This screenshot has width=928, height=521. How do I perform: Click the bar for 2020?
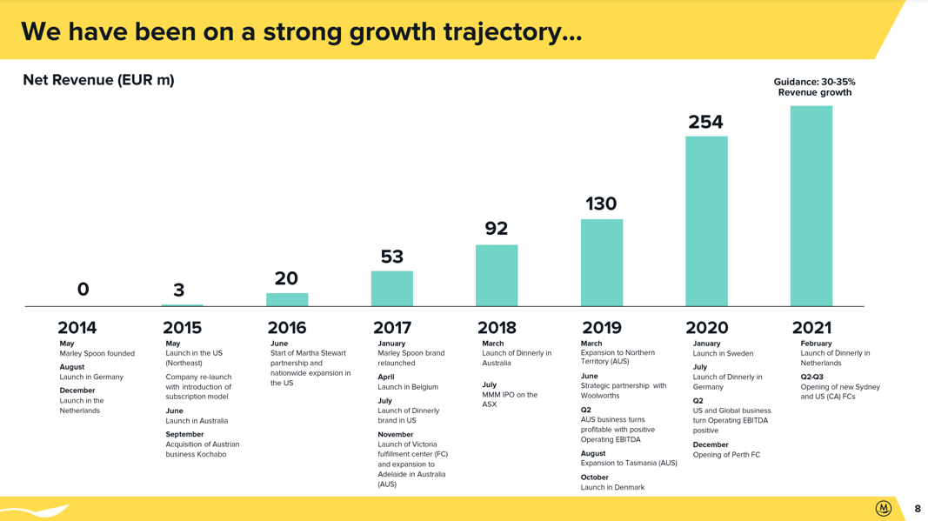point(706,222)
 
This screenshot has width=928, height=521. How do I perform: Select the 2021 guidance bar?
point(811,206)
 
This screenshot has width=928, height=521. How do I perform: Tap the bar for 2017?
point(391,289)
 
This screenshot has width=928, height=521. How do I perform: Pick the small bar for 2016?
point(287,299)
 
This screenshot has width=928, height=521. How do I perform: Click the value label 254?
point(705,122)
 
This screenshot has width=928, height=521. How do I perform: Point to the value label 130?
point(601,204)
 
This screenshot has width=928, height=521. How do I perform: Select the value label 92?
point(496,228)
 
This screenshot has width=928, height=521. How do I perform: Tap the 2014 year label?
point(77,327)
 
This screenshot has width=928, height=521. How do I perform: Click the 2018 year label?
point(497,327)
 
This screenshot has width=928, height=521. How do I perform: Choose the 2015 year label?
point(183,327)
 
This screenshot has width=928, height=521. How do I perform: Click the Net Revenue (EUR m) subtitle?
point(99,80)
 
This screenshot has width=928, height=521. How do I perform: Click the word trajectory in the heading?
point(512,32)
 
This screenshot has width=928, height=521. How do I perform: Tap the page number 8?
point(918,509)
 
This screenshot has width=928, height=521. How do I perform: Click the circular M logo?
point(883,508)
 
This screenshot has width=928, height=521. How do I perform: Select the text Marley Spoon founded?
point(97,353)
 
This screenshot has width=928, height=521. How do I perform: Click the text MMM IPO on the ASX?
point(510,399)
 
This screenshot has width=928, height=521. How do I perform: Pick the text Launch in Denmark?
point(612,487)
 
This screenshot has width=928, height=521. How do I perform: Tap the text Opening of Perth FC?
point(726,455)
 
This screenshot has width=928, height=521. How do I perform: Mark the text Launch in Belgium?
point(408,386)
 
